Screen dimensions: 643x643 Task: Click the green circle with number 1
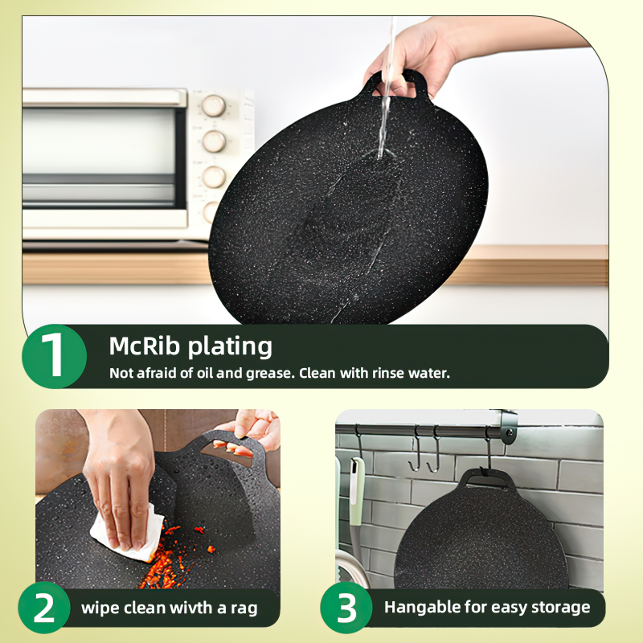54,356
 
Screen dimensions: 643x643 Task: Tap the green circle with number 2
44,608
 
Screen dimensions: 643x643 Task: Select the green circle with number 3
346,608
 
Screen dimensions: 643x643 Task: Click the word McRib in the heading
145,346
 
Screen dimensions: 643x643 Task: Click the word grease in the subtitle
268,374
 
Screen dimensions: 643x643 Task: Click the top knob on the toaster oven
214,106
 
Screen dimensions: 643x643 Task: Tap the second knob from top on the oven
214,141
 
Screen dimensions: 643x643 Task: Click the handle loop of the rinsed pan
395,84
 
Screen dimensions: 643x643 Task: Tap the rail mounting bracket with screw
508,427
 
